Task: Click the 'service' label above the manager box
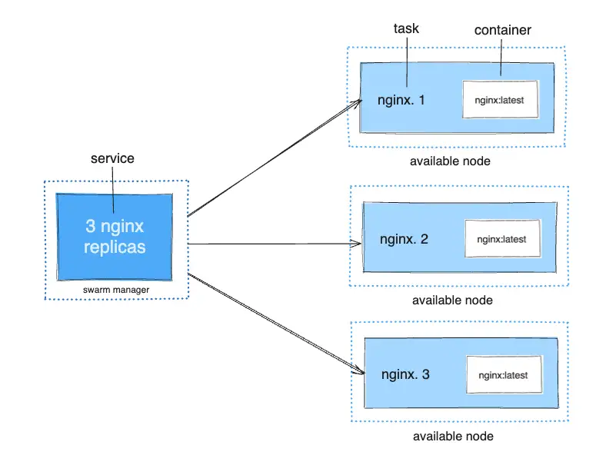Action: point(112,158)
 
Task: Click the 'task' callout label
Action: point(406,29)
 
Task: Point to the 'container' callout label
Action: point(502,30)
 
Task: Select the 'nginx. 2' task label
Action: point(404,239)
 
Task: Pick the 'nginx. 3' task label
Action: point(405,375)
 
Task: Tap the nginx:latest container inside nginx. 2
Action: point(501,239)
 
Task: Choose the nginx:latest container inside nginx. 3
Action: point(503,376)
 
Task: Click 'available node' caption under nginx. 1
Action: point(450,161)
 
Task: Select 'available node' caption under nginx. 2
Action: point(452,300)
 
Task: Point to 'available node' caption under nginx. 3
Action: point(452,437)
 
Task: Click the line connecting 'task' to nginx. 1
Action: point(406,61)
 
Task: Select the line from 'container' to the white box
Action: point(501,58)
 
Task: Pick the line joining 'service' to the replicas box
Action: point(112,188)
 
